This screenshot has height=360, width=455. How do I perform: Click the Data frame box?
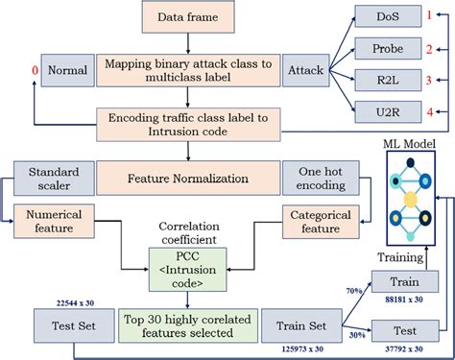(x=188, y=16)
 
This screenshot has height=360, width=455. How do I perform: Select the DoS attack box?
(x=388, y=16)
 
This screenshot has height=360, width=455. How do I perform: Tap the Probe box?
(x=388, y=49)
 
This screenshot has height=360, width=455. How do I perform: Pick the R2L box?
(x=388, y=80)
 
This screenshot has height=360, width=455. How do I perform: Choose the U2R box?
(x=388, y=112)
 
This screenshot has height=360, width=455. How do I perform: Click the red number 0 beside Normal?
(x=35, y=70)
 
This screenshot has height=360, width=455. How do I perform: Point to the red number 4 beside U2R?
(x=430, y=112)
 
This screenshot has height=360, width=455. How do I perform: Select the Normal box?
(x=68, y=70)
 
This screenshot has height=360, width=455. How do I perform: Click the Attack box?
(x=305, y=70)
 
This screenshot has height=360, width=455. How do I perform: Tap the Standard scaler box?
(x=54, y=179)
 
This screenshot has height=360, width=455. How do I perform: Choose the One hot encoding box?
(x=321, y=179)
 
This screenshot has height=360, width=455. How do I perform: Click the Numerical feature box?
(x=54, y=221)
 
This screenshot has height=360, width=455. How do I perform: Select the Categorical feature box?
(x=321, y=222)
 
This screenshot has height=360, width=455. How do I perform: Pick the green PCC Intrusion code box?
(x=188, y=270)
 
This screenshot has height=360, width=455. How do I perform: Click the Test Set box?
(x=74, y=325)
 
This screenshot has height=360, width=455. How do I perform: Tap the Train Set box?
(x=301, y=325)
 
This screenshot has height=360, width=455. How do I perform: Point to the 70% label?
(x=354, y=291)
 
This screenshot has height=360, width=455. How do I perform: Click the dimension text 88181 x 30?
(x=404, y=300)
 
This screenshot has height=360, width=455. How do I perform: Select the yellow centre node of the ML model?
(x=411, y=200)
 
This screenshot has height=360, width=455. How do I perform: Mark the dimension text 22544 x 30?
(x=75, y=303)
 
